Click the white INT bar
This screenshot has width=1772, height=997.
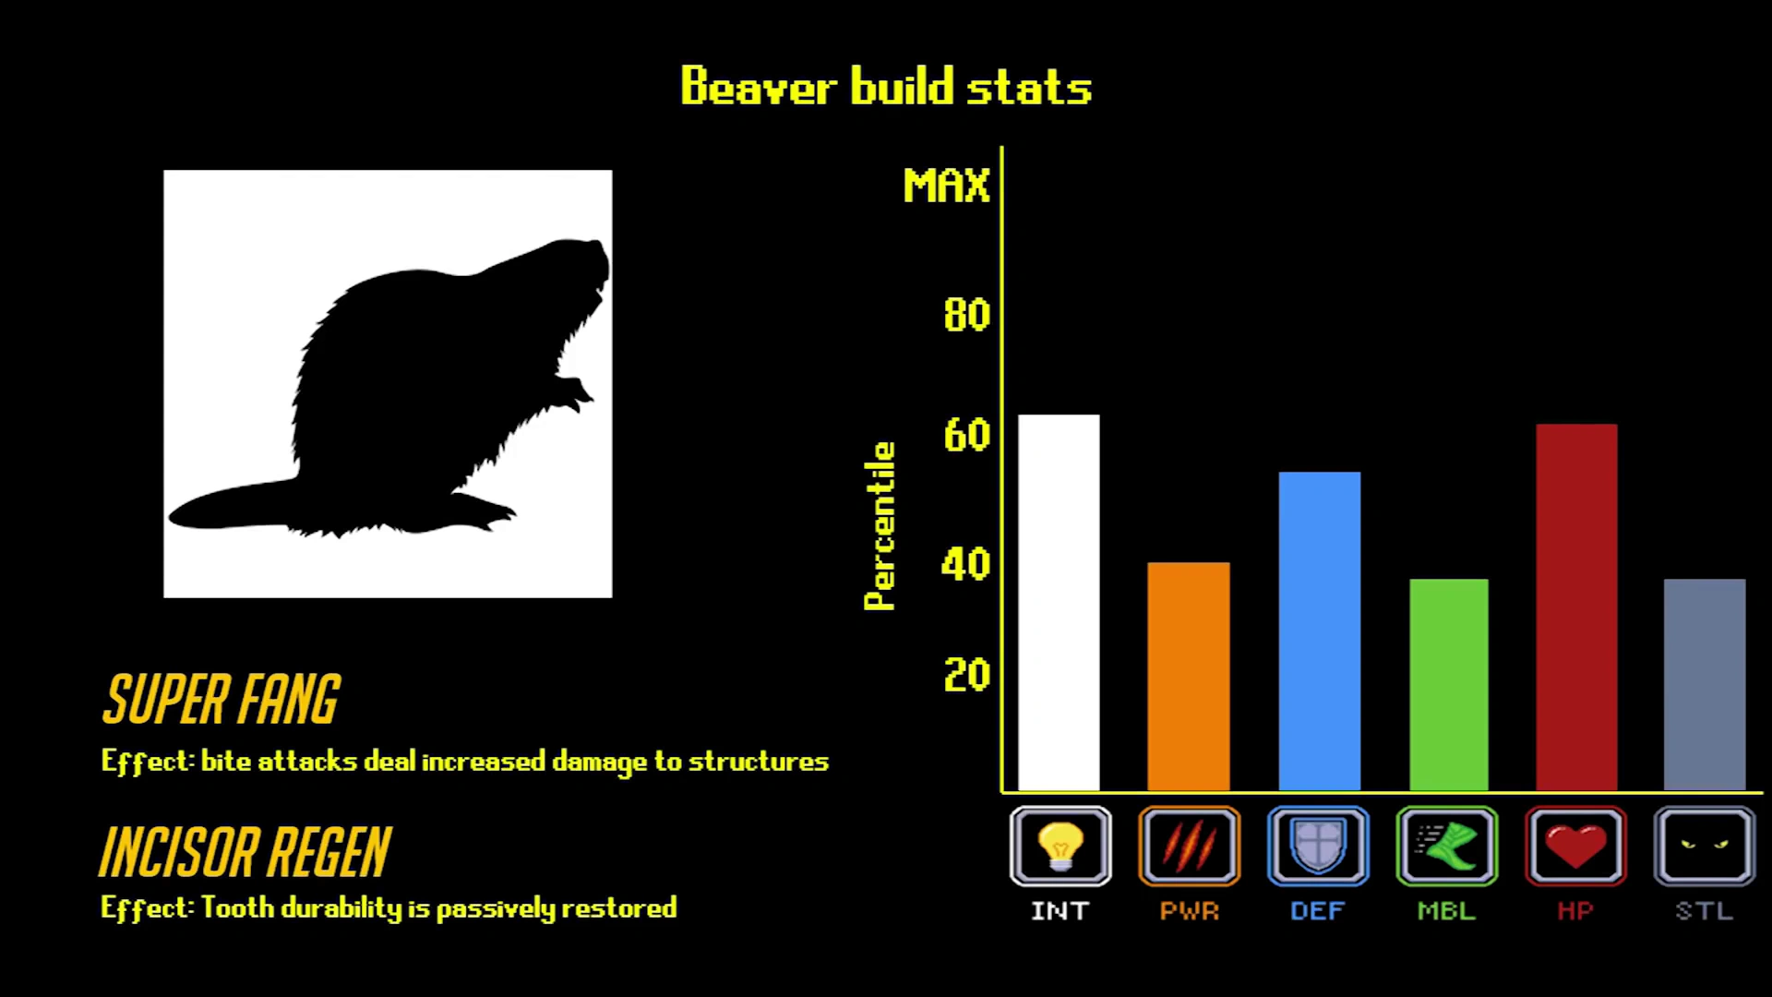pos(1059,603)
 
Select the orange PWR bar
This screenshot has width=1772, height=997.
pos(1189,677)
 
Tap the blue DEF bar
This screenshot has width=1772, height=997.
pos(1320,631)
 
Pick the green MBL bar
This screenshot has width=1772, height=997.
pos(1449,685)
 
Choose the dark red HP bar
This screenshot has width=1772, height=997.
pos(1576,607)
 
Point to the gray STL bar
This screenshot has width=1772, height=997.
pos(1705,685)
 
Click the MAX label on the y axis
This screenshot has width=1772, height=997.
pos(946,186)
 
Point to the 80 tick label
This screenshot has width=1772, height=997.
pos(966,315)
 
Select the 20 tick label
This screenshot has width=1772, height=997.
pos(966,675)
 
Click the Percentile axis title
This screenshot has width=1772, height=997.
pos(880,526)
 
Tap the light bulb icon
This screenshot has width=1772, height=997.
pos(1060,847)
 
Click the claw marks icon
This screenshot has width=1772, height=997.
pos(1189,847)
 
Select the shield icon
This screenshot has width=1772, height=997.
pos(1318,847)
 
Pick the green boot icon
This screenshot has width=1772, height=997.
pos(1447,847)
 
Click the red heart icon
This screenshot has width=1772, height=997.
pos(1576,847)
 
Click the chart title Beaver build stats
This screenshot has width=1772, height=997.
pos(886,87)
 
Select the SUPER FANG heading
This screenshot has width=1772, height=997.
pos(221,699)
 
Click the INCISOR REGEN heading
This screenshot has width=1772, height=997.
pos(245,852)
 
